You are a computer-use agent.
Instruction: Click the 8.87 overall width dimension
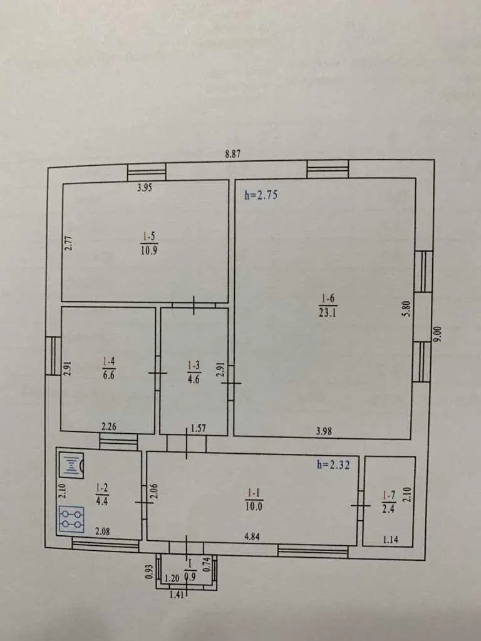click(233, 154)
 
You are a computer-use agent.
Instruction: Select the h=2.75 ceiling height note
click(261, 195)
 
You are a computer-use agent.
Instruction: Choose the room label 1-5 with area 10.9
click(149, 244)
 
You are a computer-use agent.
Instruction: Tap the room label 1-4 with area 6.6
click(109, 368)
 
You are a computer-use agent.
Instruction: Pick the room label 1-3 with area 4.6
click(194, 372)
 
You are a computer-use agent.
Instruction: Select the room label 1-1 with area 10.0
click(254, 500)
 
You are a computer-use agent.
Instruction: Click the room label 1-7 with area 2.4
click(388, 501)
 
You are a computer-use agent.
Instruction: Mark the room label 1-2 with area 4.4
click(102, 494)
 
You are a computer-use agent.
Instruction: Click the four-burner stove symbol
click(71, 519)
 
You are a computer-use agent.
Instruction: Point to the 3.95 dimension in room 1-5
click(145, 188)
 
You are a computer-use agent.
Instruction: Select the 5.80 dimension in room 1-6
click(406, 309)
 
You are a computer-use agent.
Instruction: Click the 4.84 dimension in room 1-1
click(252, 536)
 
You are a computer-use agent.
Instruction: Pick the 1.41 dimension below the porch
click(177, 595)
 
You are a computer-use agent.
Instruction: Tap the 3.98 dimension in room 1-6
click(324, 431)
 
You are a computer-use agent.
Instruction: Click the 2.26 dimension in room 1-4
click(109, 426)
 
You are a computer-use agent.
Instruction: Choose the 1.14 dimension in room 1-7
click(391, 540)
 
